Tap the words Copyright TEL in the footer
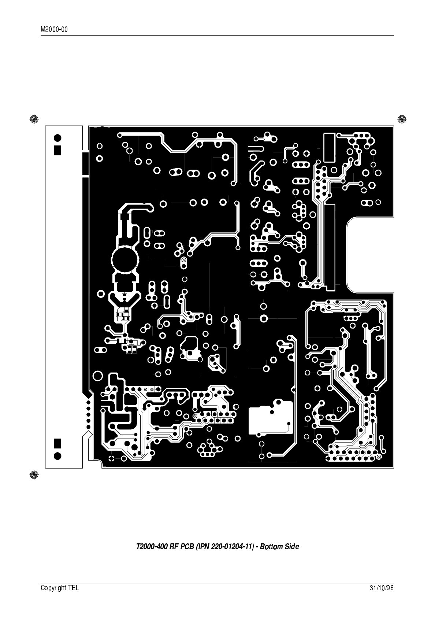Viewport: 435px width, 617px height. point(59,588)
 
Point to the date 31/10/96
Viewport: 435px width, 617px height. point(382,588)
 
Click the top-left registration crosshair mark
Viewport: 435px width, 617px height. point(34,119)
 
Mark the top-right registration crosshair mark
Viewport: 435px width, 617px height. point(401,119)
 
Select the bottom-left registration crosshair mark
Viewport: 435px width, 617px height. point(34,474)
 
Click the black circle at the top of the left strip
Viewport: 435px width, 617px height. point(57,138)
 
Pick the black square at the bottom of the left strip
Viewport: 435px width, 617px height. point(57,443)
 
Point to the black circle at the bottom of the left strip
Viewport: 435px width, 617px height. point(57,456)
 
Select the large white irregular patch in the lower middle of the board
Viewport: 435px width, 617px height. point(271,418)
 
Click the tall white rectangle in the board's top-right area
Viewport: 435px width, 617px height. point(329,148)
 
